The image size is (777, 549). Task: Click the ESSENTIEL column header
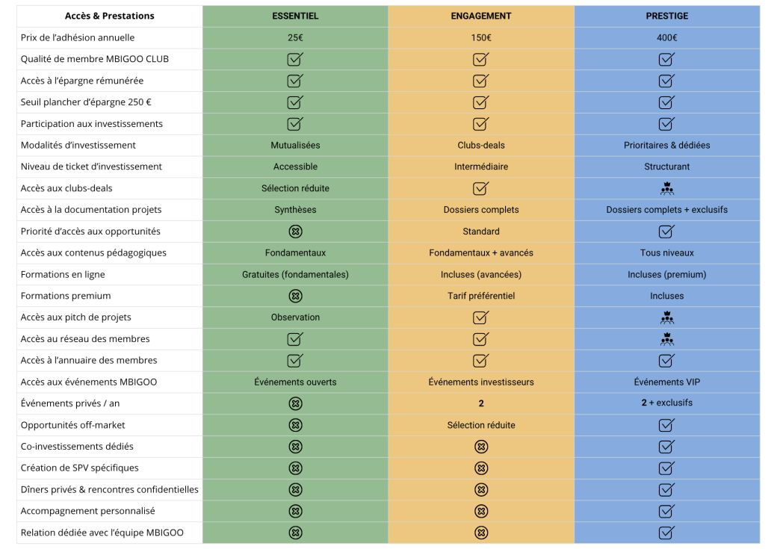[295, 16]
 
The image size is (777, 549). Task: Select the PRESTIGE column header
[666, 16]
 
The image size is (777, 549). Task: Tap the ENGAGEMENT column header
[481, 16]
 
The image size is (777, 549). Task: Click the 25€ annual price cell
[295, 37]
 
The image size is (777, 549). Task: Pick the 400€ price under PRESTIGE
[666, 37]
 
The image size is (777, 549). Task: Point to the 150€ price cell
[481, 37]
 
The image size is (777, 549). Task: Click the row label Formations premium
[66, 296]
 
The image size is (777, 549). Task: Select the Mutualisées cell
[295, 145]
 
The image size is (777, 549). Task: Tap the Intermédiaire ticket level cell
[481, 167]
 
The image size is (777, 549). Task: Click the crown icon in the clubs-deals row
[667, 188]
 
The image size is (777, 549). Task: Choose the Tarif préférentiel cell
[481, 296]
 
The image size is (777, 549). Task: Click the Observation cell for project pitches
[295, 317]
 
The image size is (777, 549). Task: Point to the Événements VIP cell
[666, 382]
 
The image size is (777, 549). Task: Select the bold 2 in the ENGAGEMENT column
[481, 403]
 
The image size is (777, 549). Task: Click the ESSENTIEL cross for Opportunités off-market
[295, 425]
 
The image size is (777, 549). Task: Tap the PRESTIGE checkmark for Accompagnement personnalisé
[666, 511]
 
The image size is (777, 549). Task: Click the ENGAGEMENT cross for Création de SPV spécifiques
[481, 468]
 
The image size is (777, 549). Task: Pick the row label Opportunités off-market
[73, 425]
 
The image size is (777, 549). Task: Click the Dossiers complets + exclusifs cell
[666, 210]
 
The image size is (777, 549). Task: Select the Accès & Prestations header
[110, 16]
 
